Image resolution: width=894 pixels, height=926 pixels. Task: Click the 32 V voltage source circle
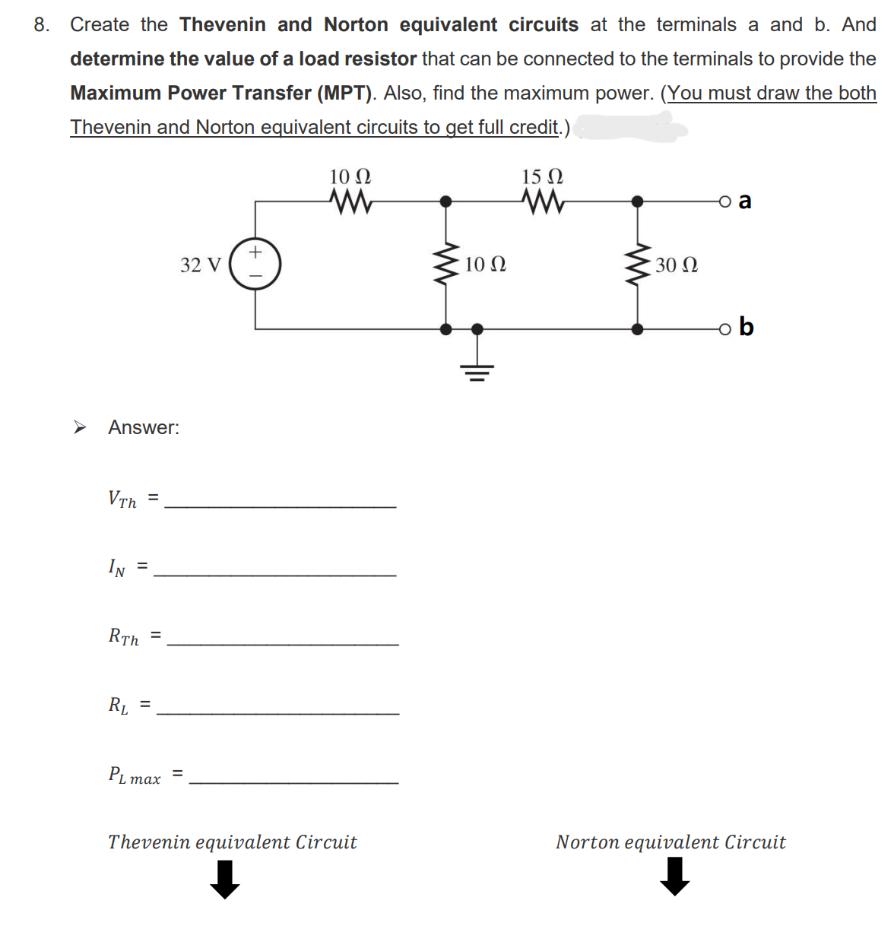click(255, 264)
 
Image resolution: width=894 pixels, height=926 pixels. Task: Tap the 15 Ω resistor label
click(542, 177)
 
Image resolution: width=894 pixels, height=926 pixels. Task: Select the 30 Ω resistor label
click(677, 265)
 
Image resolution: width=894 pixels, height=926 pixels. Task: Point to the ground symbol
click(477, 369)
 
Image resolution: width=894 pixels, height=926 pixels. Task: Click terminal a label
click(745, 201)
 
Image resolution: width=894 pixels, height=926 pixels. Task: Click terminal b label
click(746, 327)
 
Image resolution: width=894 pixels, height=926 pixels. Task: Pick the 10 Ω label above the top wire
click(350, 177)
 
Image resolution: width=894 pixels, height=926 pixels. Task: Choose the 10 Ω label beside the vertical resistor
click(485, 265)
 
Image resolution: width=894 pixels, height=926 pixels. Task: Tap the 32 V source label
click(201, 265)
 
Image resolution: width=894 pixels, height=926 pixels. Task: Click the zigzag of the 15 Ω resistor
click(543, 201)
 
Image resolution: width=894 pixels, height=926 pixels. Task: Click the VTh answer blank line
click(280, 506)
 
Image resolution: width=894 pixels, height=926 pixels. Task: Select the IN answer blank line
click(274, 574)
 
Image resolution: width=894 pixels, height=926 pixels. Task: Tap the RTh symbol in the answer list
click(124, 636)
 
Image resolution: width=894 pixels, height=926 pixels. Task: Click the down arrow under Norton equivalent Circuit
click(675, 877)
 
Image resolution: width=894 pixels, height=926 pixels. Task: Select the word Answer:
click(144, 427)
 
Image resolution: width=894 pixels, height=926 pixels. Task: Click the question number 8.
click(42, 25)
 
